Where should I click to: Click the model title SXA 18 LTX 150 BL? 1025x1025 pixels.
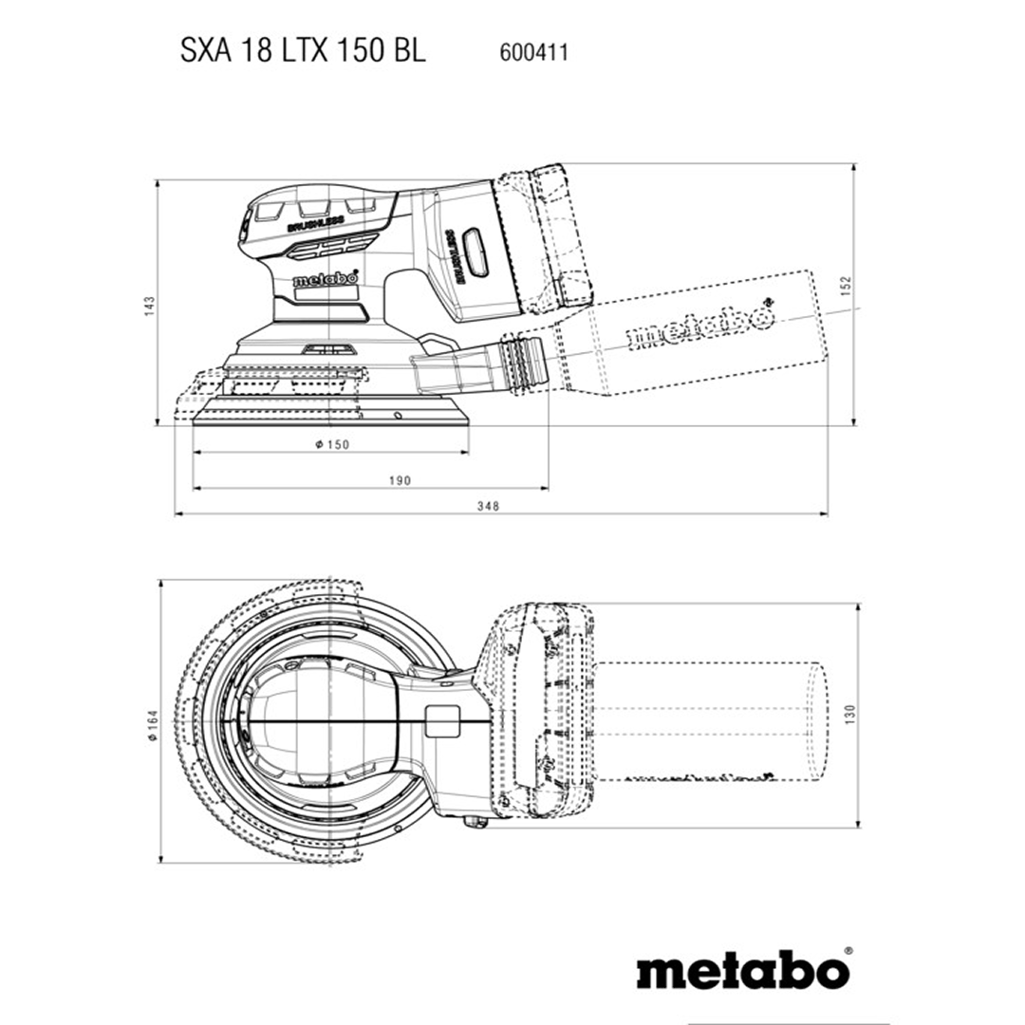[x=303, y=50]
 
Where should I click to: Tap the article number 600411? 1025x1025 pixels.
[x=533, y=52]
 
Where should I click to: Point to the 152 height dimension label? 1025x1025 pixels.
[x=846, y=286]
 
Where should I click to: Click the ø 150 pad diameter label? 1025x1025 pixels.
[x=332, y=444]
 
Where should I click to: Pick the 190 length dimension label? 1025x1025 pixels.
[x=400, y=480]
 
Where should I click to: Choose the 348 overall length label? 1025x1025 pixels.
[x=489, y=506]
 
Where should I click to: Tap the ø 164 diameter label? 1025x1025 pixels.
[x=153, y=725]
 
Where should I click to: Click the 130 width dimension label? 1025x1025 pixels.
[x=849, y=714]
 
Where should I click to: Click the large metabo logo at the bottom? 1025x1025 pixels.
[x=744, y=971]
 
